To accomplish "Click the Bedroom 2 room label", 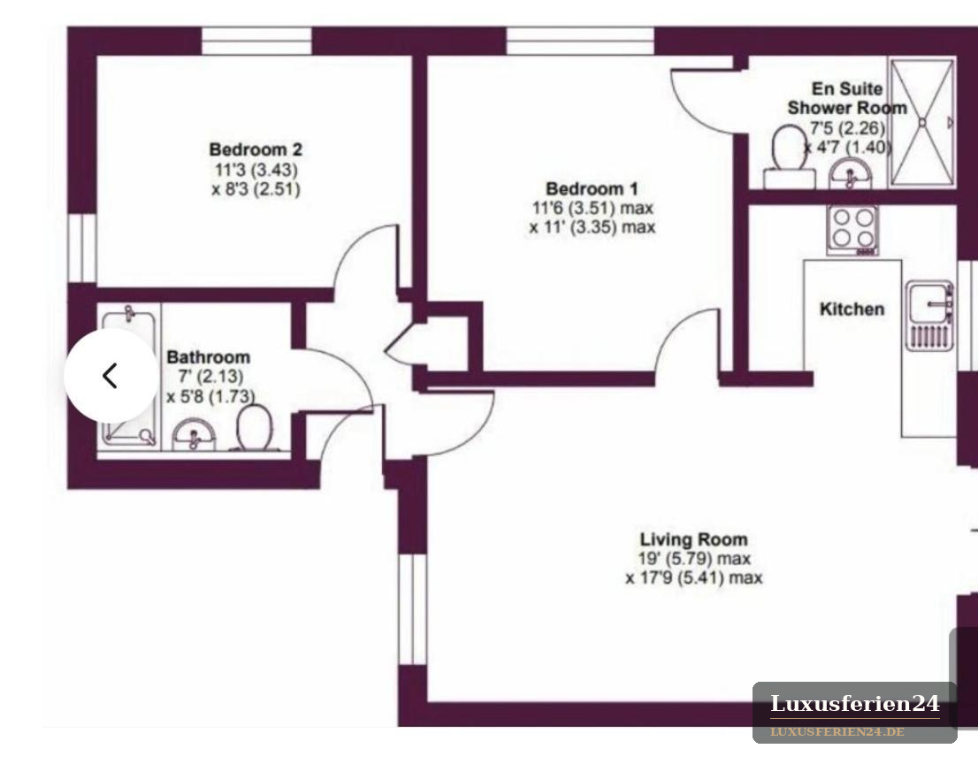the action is [256, 149].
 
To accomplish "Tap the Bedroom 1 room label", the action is [592, 188].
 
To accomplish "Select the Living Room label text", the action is [693, 539].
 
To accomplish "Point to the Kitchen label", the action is [852, 309].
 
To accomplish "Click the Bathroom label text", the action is [209, 357].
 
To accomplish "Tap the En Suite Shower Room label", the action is [847, 98].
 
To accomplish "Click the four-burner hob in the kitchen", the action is [852, 230].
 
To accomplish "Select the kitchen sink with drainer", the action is [929, 316].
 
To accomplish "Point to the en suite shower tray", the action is [922, 122].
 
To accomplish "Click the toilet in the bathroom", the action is [254, 428].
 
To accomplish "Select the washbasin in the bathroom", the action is [194, 434].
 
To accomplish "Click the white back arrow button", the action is [111, 376].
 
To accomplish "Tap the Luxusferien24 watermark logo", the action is [854, 712].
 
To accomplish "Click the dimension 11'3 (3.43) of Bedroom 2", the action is [256, 170].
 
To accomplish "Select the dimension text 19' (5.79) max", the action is [693, 559].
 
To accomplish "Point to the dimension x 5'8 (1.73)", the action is [210, 397].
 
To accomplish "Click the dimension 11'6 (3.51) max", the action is [592, 208].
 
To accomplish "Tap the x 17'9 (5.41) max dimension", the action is [693, 578].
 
